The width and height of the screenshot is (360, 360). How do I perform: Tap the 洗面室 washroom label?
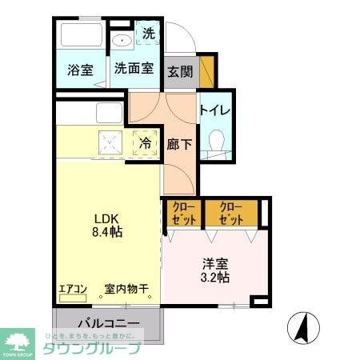pyautogui.click(x=133, y=69)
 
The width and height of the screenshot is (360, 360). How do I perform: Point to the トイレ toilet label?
pyautogui.click(x=215, y=110)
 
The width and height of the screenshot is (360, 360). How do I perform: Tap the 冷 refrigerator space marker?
pyautogui.click(x=146, y=143)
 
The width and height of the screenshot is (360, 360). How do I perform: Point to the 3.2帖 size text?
pyautogui.click(x=214, y=278)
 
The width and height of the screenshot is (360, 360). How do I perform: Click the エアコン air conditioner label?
pyautogui.click(x=73, y=290)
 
